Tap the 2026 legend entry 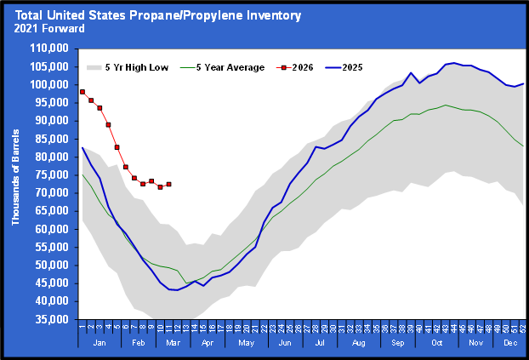coord(310,66)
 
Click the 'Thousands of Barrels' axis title coord(16,183)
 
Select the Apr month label coord(206,341)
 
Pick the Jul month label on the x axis coord(320,341)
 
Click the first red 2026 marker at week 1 coord(82,91)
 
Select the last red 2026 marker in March coord(169,184)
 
